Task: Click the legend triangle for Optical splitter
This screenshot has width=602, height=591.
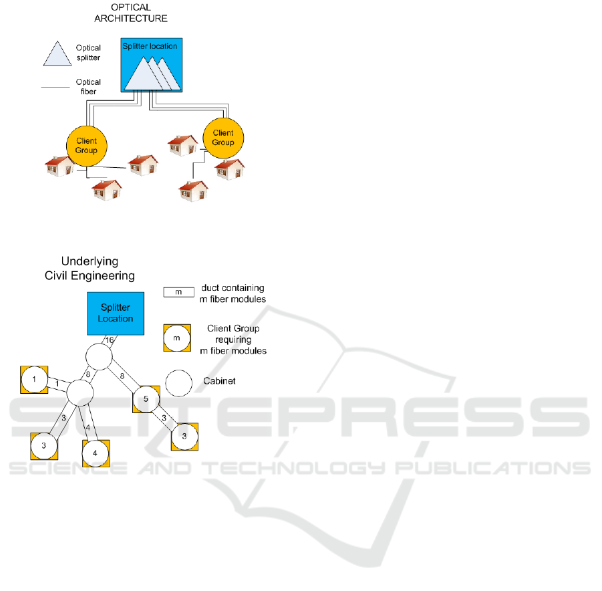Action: tap(57, 53)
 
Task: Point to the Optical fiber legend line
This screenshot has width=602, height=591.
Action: tap(55, 87)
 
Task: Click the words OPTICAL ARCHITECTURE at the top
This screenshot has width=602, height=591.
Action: tap(131, 13)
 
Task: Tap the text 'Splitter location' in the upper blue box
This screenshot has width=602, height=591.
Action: tap(150, 46)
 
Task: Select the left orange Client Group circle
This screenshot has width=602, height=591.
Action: tap(86, 146)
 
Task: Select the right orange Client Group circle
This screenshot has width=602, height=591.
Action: tap(223, 138)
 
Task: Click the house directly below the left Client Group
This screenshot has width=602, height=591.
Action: tap(107, 190)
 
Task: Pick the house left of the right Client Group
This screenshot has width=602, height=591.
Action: tap(182, 145)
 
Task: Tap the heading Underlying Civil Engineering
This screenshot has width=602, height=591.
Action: tap(90, 268)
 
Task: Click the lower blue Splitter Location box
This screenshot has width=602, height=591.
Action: tap(116, 314)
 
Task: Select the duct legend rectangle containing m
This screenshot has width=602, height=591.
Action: tap(178, 292)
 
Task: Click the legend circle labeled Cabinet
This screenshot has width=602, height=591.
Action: tap(179, 383)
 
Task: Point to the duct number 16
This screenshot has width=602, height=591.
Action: tap(110, 340)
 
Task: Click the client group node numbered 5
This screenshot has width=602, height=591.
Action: tap(146, 399)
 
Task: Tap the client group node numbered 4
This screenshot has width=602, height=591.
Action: tap(96, 453)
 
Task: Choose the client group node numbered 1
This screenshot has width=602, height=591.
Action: tap(34, 379)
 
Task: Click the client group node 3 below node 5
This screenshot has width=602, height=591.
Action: tap(184, 437)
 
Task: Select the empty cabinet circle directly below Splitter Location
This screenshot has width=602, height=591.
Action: tap(99, 356)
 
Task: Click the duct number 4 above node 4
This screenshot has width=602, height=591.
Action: tap(88, 427)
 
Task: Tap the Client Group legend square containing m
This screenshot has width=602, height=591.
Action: tap(177, 338)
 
